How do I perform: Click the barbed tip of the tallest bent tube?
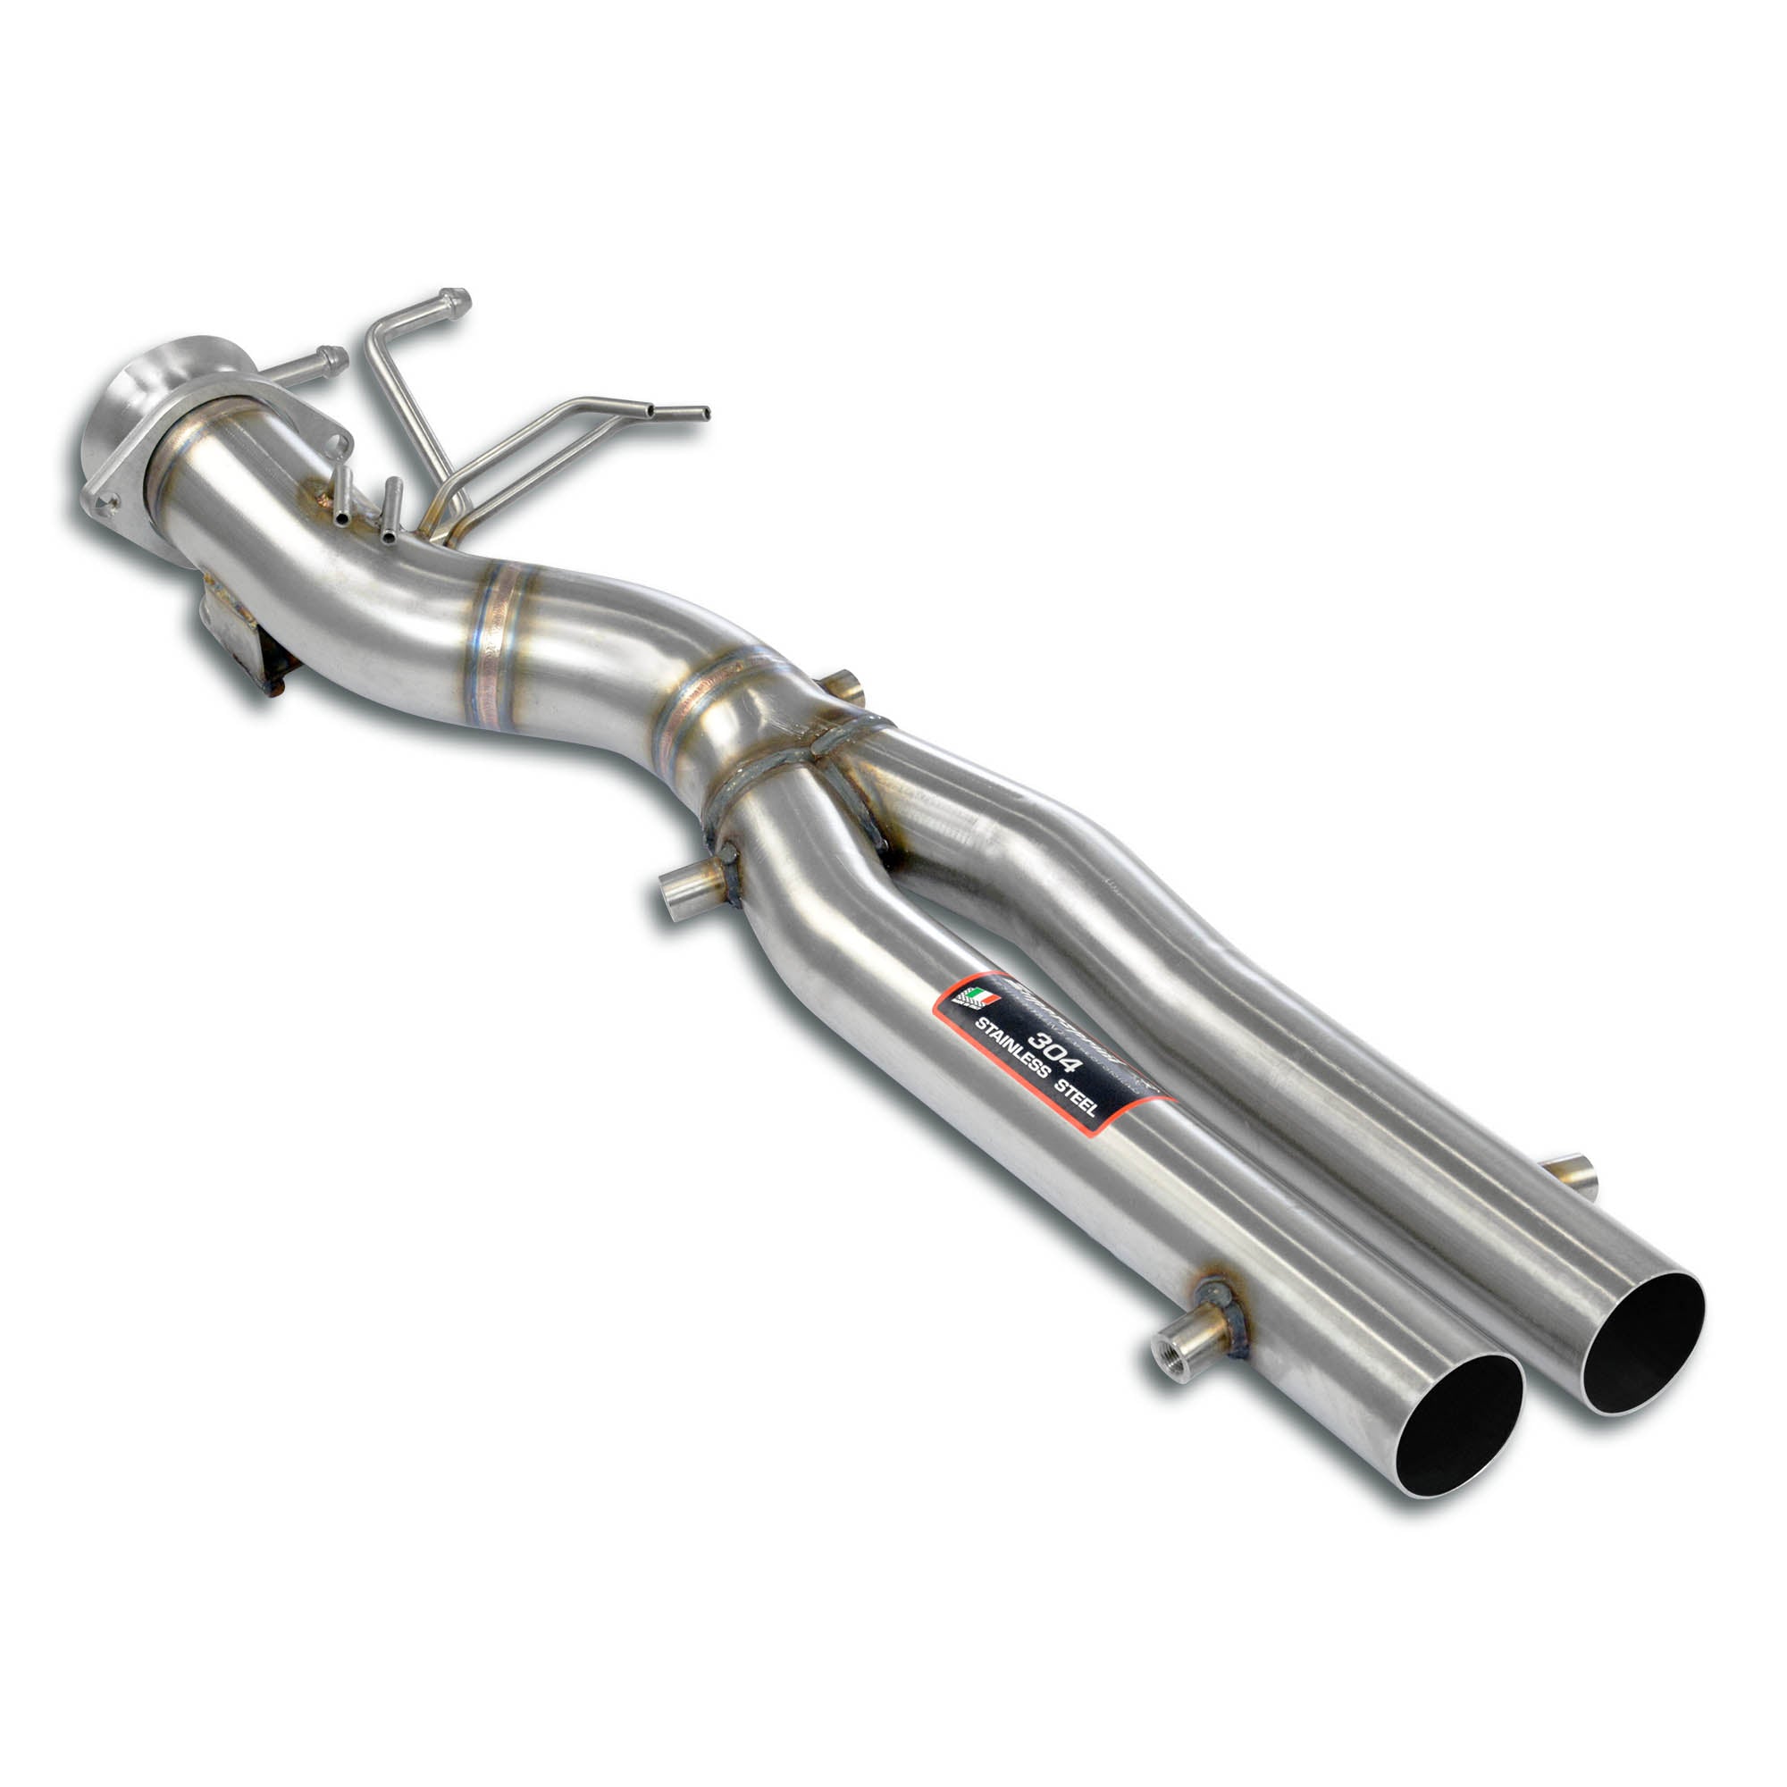click(x=455, y=299)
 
